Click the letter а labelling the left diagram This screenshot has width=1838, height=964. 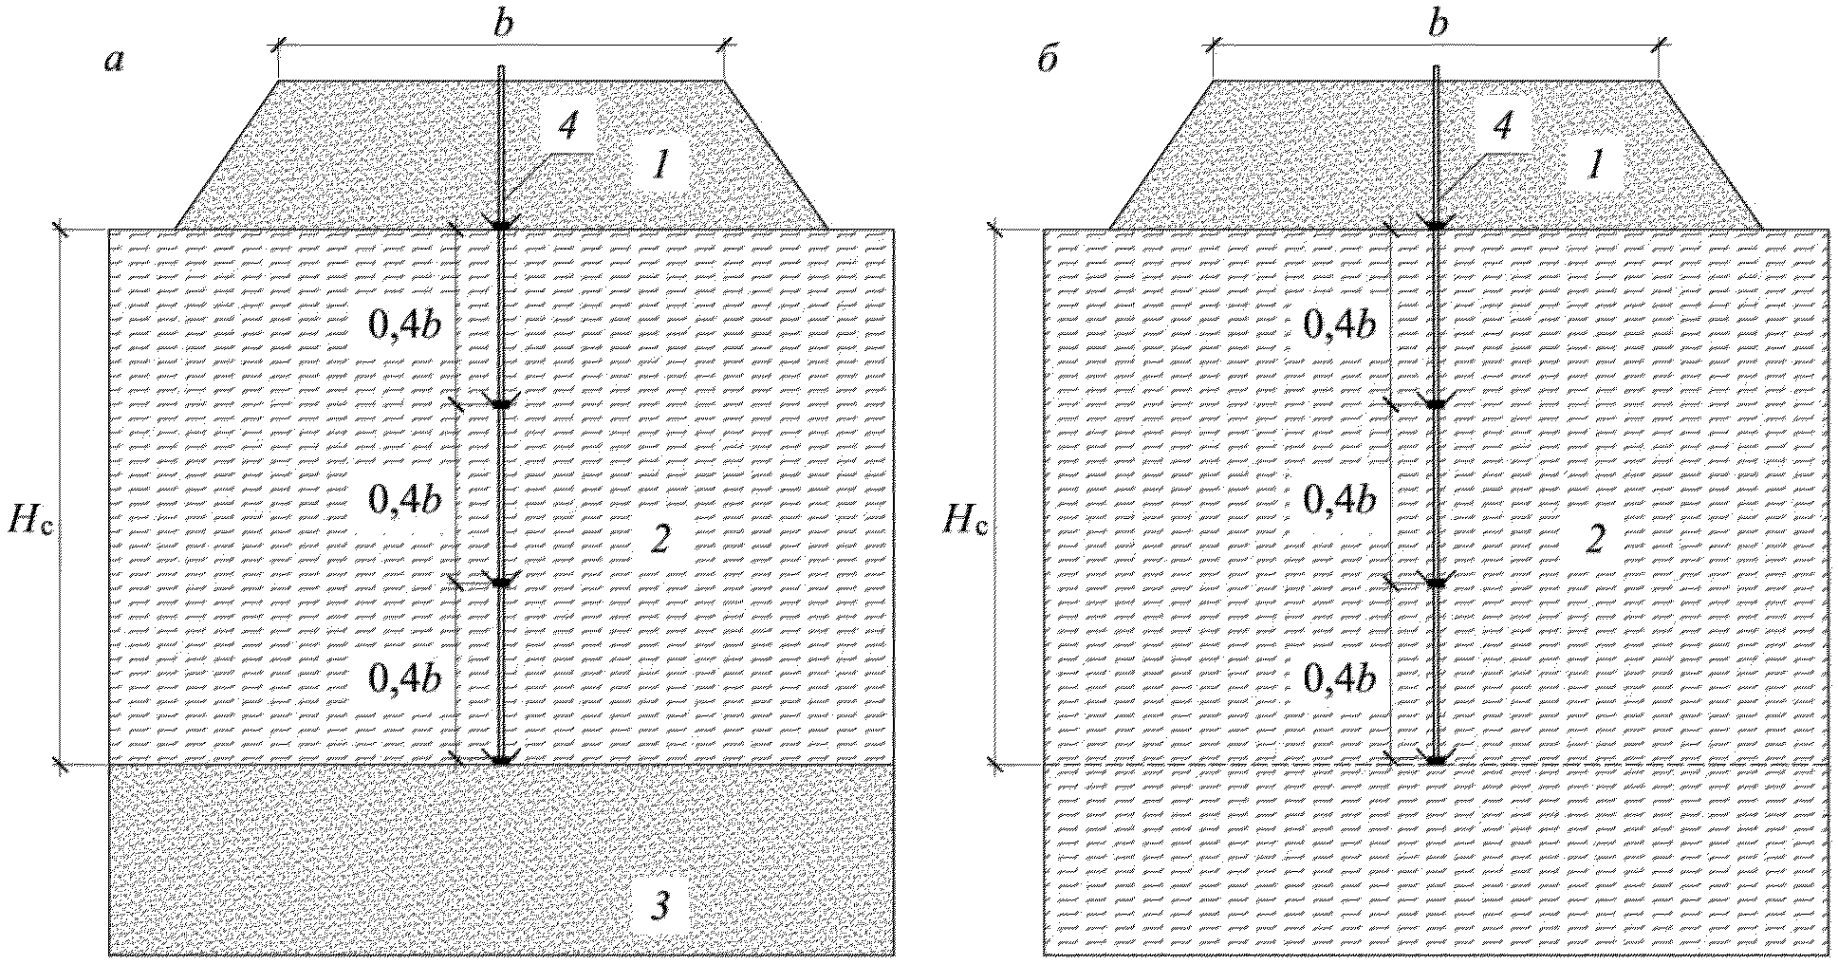pos(115,62)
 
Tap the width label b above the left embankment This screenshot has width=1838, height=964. pos(503,25)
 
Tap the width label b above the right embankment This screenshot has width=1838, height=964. pos(1439,25)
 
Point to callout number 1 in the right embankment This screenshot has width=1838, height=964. pos(1595,168)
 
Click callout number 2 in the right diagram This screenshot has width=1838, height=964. pos(1595,540)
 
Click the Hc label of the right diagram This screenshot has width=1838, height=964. pos(966,521)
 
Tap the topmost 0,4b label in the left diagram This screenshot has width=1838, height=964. pos(404,325)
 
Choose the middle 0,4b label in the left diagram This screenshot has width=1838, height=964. pos(404,500)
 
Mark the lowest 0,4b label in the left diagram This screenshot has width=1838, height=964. pos(404,678)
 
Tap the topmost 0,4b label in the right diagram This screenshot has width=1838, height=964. pos(1339,325)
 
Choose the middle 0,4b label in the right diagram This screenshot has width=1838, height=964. pos(1339,500)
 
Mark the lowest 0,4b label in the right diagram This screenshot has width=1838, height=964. pos(1339,678)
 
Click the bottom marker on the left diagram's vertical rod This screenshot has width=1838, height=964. pos(502,758)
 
